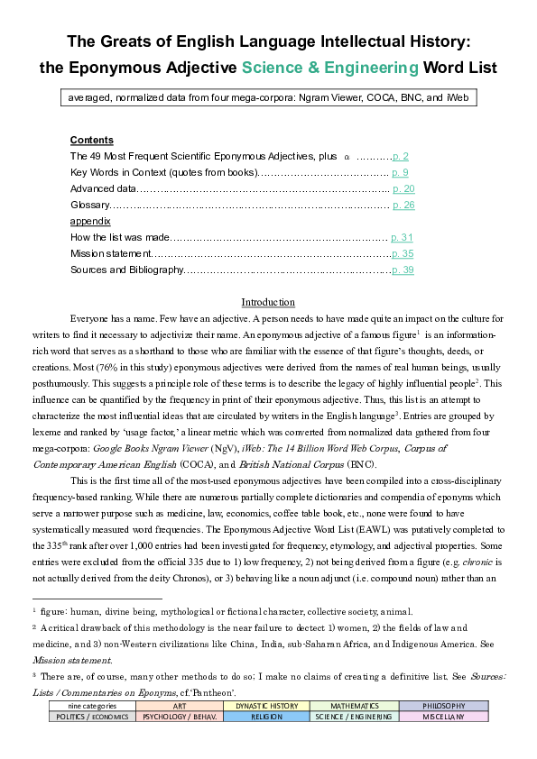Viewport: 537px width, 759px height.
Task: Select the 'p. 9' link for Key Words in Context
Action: point(402,172)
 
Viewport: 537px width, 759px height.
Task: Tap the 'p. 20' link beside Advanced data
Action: point(403,188)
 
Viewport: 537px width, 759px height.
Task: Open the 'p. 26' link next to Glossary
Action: point(403,205)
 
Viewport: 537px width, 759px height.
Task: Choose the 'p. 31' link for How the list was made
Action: point(402,237)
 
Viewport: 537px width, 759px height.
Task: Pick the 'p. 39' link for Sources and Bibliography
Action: point(403,270)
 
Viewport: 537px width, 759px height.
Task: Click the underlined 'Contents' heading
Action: point(91,140)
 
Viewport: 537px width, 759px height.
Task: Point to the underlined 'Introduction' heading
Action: point(268,302)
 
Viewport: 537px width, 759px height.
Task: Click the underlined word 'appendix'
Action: point(90,221)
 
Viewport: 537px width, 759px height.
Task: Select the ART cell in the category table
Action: point(180,705)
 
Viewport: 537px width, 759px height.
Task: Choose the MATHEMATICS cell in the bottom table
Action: point(353,705)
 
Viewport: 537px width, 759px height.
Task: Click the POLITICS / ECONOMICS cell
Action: point(92,717)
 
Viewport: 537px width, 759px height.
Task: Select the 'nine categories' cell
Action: point(92,705)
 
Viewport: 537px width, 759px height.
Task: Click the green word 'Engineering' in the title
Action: point(369,67)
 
